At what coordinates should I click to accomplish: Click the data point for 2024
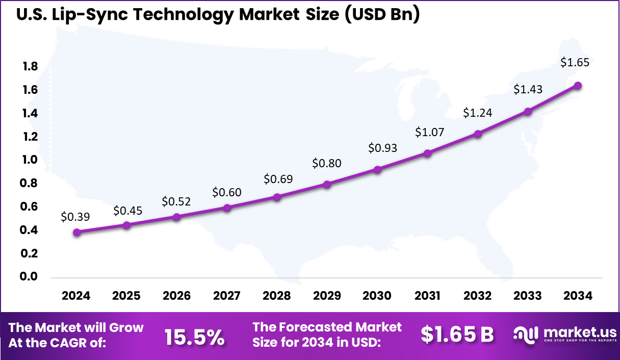(x=76, y=233)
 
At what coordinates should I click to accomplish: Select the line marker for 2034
(x=578, y=86)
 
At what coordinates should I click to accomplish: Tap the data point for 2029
(x=327, y=184)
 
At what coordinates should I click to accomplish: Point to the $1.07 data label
(x=429, y=132)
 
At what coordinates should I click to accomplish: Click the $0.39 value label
(x=75, y=217)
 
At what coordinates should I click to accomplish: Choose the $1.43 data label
(x=528, y=89)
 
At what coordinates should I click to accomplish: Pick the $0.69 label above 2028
(x=278, y=179)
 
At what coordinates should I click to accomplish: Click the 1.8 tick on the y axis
(x=30, y=67)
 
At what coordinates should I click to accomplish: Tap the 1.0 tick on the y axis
(x=30, y=160)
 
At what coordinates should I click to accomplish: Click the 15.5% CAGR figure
(x=194, y=336)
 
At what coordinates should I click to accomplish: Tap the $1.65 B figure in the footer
(x=457, y=335)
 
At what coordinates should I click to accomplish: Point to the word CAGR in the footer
(x=76, y=343)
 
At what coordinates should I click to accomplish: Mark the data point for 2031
(x=428, y=153)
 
